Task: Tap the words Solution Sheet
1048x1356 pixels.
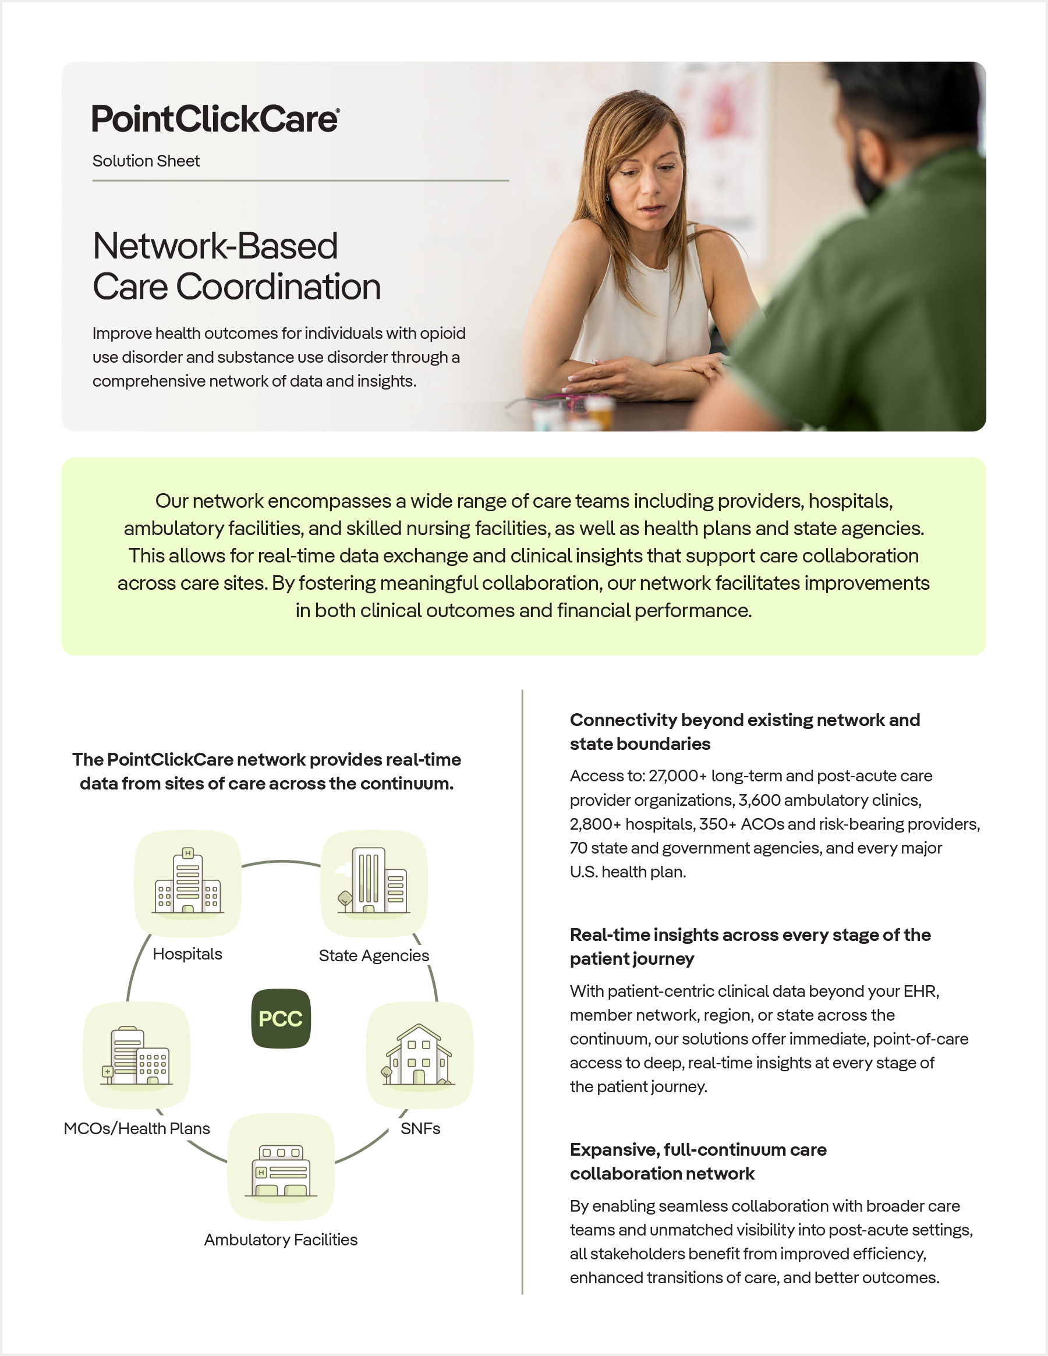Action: [146, 161]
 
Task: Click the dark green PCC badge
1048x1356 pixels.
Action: [281, 1019]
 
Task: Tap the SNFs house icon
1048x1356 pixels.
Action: [419, 1055]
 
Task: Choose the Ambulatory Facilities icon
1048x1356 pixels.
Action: [281, 1168]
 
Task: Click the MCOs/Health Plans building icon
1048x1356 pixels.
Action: [137, 1055]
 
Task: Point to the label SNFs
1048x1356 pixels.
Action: [420, 1129]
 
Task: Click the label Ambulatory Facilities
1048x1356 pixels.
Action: [281, 1240]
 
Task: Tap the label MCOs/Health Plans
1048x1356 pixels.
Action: [137, 1129]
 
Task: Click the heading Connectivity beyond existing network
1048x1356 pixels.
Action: [745, 720]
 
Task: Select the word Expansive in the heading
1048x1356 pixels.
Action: [614, 1150]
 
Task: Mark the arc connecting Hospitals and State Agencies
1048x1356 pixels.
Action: [281, 862]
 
